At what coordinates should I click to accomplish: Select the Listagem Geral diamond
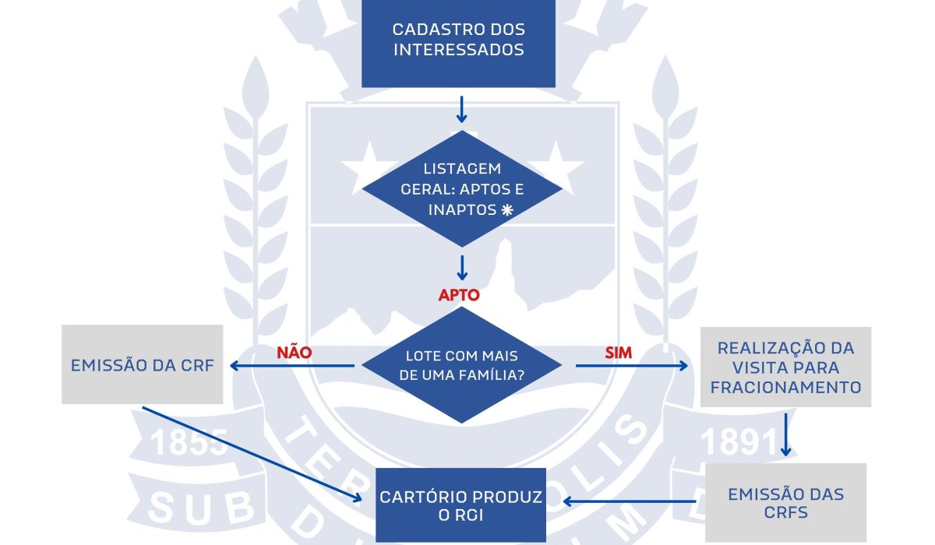point(462,189)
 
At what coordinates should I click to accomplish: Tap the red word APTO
point(459,296)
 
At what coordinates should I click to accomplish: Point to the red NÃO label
point(295,353)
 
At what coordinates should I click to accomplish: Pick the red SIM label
point(619,353)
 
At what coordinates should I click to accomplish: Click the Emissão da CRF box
point(142,365)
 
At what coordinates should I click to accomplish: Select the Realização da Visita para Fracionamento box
point(785,367)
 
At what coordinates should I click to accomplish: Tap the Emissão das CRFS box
point(785,503)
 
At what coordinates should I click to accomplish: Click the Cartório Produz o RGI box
point(461,505)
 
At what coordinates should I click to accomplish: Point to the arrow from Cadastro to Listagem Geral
point(461,109)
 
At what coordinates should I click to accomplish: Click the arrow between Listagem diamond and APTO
point(461,267)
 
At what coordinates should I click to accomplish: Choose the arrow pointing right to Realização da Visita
point(631,365)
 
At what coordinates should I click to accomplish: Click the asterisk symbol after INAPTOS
point(507,210)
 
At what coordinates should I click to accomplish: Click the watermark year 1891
point(737,442)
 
